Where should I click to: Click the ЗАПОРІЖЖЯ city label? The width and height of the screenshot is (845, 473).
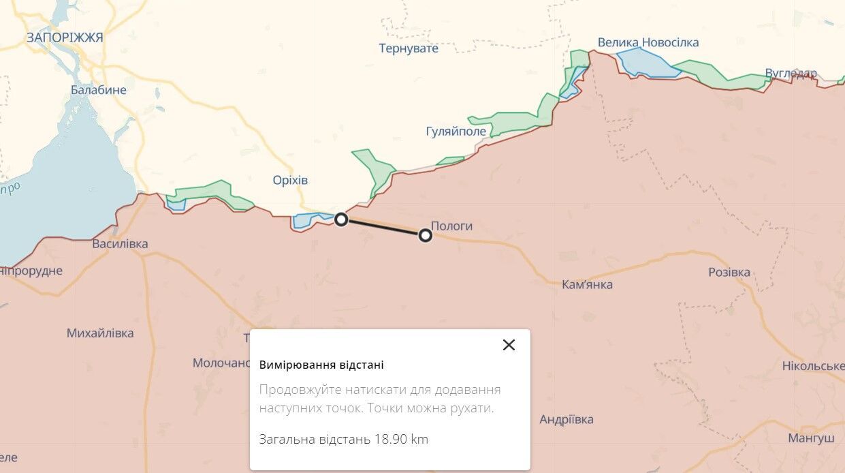65,37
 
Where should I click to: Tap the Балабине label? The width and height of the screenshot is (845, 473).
99,89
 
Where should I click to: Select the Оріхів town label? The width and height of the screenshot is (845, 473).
289,181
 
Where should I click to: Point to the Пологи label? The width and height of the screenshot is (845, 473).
451,226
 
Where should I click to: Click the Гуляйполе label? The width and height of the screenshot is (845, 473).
456,131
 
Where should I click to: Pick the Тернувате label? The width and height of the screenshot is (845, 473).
409,48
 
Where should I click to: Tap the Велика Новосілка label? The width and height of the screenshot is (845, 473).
648,43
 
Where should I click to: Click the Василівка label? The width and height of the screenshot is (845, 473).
120,244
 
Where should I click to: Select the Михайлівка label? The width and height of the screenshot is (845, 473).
100,333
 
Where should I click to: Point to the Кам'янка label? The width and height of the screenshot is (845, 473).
588,285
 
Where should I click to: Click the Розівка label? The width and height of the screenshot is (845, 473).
729,273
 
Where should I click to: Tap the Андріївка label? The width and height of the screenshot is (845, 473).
567,420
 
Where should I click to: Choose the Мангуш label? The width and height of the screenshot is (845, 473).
811,438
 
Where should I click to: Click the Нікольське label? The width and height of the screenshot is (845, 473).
813,367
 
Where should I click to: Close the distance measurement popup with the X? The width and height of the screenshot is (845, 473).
509,345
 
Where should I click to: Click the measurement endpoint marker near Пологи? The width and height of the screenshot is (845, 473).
426,235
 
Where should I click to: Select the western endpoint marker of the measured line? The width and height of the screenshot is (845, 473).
342,219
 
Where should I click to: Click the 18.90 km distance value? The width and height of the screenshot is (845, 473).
401,440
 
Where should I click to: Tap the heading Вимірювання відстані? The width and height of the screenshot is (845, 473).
321,365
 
